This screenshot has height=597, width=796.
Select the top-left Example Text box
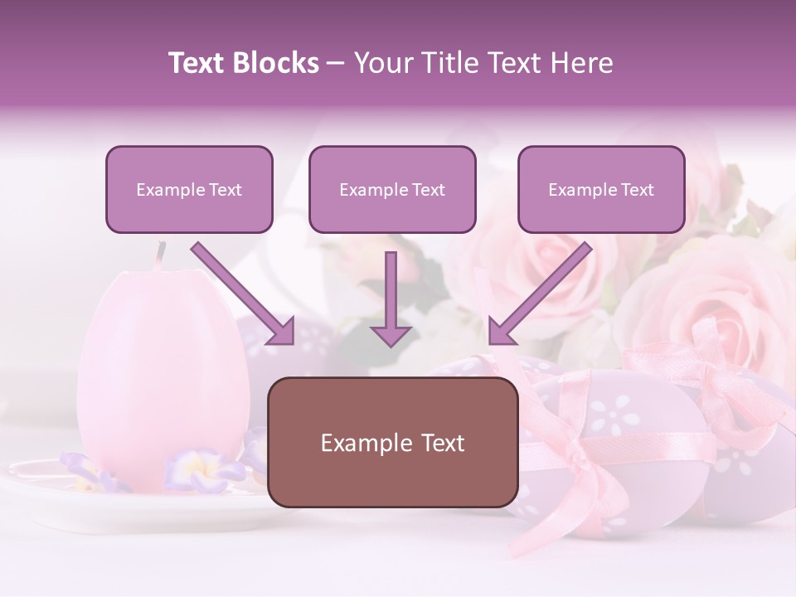tap(189, 189)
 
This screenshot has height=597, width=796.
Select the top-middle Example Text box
tap(392, 189)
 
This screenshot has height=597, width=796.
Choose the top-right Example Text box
tap(601, 189)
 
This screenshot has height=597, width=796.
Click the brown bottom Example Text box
tap(392, 442)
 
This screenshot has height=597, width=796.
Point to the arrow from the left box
tap(245, 294)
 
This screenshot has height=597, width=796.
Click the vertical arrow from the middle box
tap(391, 298)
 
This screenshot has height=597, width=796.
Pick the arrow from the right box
tap(539, 294)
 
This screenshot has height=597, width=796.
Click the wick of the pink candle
tap(160, 250)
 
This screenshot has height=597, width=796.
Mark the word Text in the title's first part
tap(197, 63)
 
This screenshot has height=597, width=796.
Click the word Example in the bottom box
tap(362, 443)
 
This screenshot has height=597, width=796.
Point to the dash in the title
tap(336, 64)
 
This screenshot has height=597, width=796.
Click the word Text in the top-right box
tap(638, 189)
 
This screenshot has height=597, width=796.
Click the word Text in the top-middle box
tap(429, 189)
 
